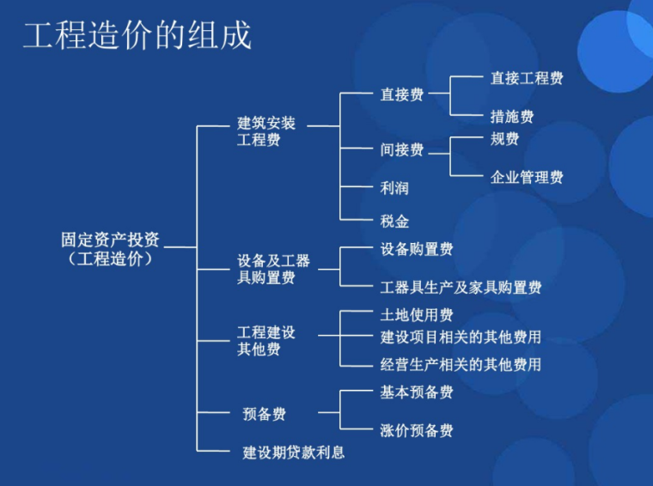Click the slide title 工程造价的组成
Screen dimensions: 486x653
tap(137, 36)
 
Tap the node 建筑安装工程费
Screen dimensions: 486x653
tap(265, 131)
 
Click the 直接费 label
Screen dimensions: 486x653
tap(401, 94)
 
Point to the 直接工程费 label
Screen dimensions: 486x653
tap(526, 78)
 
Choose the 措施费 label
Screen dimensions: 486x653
tap(511, 116)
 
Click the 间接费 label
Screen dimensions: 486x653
tap(401, 149)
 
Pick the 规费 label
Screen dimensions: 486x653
tap(504, 138)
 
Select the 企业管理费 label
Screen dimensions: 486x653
tap(526, 177)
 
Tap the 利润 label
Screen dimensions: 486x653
tap(394, 188)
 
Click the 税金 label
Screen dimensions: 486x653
tap(394, 221)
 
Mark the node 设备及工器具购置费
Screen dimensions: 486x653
tap(273, 270)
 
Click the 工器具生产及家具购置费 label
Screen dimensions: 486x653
tap(461, 287)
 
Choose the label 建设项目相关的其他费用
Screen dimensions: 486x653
tap(461, 337)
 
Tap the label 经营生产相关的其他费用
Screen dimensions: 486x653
tap(461, 364)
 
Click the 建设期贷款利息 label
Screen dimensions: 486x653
tap(293, 452)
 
